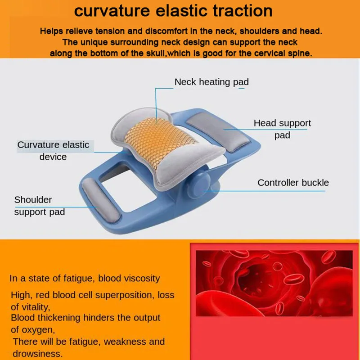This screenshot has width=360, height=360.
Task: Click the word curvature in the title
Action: pyautogui.click(x=112, y=11)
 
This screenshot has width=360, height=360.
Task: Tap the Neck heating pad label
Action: pyautogui.click(x=211, y=82)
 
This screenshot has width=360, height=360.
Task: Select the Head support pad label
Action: pyautogui.click(x=282, y=129)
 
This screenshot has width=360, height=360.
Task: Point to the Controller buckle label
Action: pyautogui.click(x=293, y=183)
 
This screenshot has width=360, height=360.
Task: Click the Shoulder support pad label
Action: pyautogui.click(x=40, y=206)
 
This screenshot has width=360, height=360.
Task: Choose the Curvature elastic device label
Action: pyautogui.click(x=53, y=151)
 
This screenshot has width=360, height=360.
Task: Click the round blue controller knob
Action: pyautogui.click(x=200, y=185)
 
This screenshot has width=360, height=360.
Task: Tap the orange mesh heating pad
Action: pyautogui.click(x=158, y=142)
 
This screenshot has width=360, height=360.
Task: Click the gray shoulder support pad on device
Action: pyautogui.click(x=101, y=200)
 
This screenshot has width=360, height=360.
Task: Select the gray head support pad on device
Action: pyautogui.click(x=221, y=133)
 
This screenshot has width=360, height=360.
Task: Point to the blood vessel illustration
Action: pyautogui.click(x=274, y=283)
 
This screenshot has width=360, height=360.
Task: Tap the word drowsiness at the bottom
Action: pyautogui.click(x=37, y=354)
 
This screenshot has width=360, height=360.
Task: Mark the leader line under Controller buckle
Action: pyautogui.click(x=265, y=191)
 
